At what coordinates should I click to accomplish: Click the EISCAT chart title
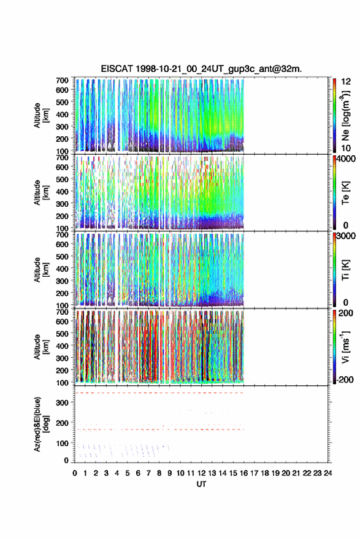[201, 69]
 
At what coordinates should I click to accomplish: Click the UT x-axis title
[201, 484]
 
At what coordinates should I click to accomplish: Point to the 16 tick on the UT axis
[243, 473]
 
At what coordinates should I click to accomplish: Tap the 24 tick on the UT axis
[327, 473]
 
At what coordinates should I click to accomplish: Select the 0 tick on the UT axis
[75, 473]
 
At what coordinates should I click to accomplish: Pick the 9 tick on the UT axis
[170, 473]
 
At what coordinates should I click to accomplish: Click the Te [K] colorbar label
[345, 193]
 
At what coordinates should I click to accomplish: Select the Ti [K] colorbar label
[345, 270]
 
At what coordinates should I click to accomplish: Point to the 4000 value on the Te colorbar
[347, 159]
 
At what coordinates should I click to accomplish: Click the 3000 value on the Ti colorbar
[347, 236]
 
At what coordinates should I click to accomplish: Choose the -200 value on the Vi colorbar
[345, 379]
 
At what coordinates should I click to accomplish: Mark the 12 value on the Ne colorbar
[346, 82]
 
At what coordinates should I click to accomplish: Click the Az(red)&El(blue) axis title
[40, 424]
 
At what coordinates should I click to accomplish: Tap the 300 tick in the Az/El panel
[63, 403]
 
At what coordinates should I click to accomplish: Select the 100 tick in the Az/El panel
[63, 443]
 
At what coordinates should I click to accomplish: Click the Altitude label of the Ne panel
[40, 115]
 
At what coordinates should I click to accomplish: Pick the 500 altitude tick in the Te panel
[63, 179]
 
